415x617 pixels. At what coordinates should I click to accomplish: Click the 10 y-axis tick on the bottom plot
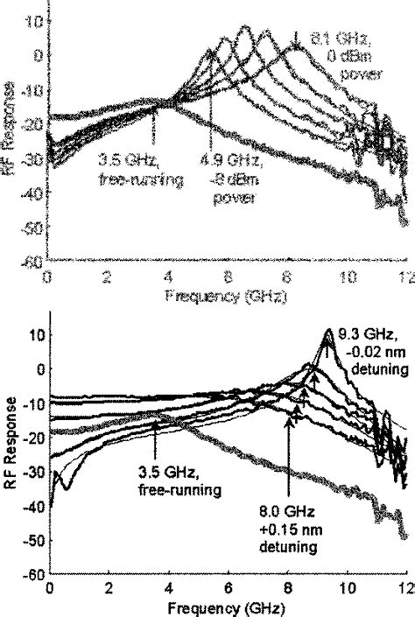[36, 334]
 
